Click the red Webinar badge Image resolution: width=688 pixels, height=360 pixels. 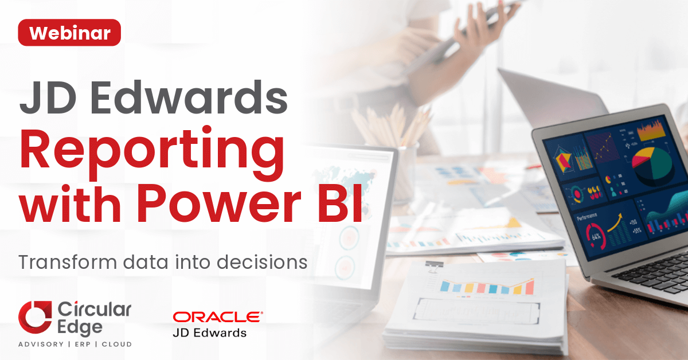tap(69, 33)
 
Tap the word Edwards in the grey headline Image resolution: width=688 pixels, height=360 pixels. tap(189, 97)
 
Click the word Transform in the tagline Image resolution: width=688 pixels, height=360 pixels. tap(68, 262)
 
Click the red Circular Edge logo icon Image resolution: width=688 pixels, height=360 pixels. tap(35, 317)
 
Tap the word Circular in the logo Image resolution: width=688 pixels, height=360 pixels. tap(94, 310)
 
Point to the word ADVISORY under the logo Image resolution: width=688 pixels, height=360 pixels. tap(41, 344)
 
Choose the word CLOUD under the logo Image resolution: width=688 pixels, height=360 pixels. tap(117, 344)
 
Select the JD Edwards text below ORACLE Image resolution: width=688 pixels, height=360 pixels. tap(210, 333)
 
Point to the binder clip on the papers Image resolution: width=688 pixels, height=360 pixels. tap(433, 267)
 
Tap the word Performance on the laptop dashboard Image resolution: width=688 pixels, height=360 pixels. tap(587, 216)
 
